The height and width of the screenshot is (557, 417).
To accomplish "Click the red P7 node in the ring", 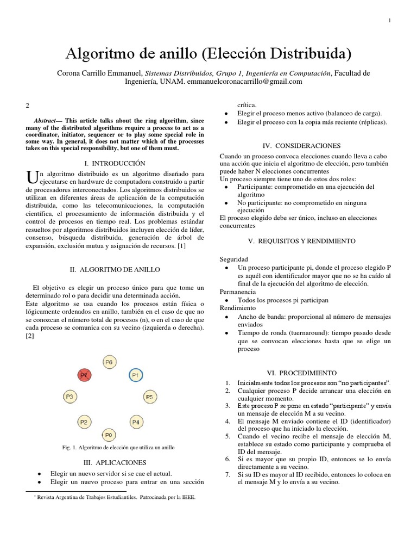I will click(84, 375).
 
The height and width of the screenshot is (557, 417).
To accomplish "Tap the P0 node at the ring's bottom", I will click(109, 435).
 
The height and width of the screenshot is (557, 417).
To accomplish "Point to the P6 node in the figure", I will click(109, 361).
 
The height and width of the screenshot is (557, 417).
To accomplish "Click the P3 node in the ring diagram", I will click(69, 395).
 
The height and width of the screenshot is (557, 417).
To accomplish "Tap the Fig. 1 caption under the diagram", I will click(118, 448).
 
